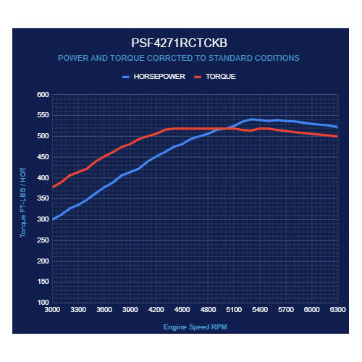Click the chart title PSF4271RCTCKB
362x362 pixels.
[179, 43]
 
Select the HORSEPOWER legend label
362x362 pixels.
[159, 77]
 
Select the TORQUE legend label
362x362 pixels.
[221, 77]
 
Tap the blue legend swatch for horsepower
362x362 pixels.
[126, 77]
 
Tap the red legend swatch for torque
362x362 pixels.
[198, 77]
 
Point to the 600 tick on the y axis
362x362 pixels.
[43, 95]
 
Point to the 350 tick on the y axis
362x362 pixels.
[43, 198]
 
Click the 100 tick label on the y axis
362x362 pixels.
[43, 302]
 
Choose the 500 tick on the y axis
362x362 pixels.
[43, 136]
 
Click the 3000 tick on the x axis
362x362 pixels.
[52, 310]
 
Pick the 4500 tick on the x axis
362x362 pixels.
[182, 310]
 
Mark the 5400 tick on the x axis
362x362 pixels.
[260, 310]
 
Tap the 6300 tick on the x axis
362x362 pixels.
[337, 310]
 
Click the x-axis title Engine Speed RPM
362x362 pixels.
[195, 327]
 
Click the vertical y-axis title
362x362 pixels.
[23, 203]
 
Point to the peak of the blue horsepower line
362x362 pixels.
[251, 119]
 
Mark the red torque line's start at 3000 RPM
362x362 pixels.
[53, 187]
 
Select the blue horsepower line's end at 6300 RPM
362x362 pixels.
[337, 127]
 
